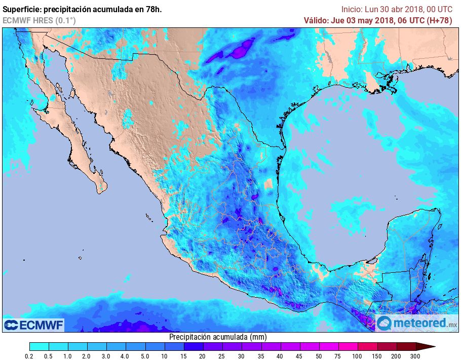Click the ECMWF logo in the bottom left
[33, 325]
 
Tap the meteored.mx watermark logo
[417, 322]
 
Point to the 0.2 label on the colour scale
[29, 356]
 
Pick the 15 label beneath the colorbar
[184, 356]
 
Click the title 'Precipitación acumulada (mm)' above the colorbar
[218, 337]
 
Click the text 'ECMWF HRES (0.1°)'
[39, 20]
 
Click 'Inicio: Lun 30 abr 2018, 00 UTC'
[397, 9]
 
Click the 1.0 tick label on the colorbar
[68, 356]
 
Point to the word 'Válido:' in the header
[316, 20]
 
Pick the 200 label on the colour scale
[397, 356]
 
